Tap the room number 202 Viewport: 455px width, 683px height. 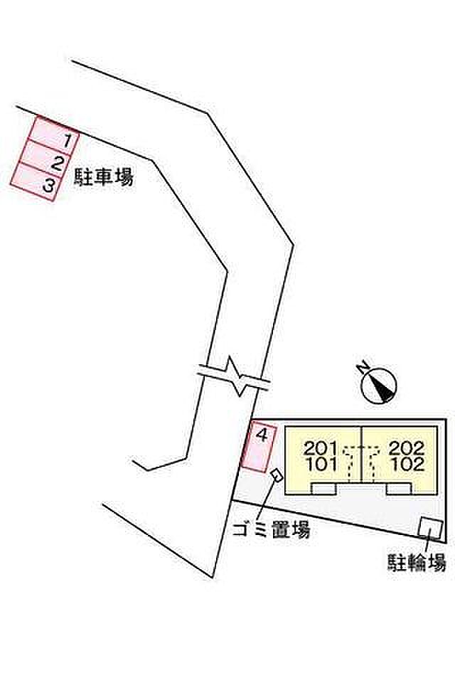[x=407, y=449]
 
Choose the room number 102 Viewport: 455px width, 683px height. [x=407, y=466]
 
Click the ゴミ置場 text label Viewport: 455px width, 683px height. [x=271, y=531]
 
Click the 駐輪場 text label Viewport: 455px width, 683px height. [x=417, y=563]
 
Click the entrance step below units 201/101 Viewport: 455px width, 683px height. [x=324, y=489]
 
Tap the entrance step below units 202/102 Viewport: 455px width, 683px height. [x=399, y=489]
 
